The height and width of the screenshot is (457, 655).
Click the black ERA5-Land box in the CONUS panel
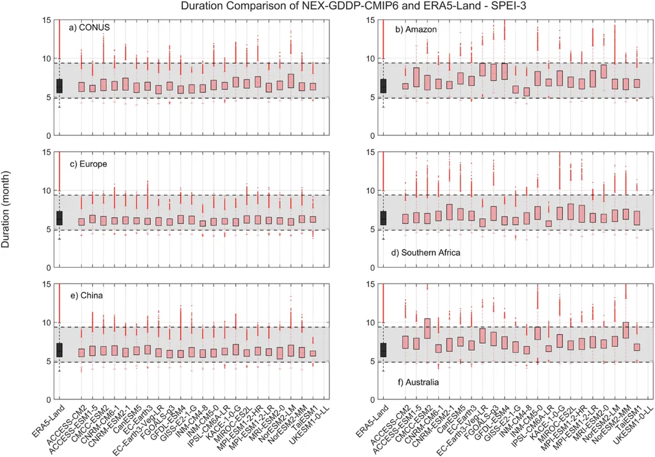[x=59, y=86]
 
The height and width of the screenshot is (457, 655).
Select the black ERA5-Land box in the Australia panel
[x=383, y=349]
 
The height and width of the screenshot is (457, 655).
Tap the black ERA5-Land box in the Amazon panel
[x=383, y=86]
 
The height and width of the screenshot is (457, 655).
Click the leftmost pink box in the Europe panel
[x=81, y=221]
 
